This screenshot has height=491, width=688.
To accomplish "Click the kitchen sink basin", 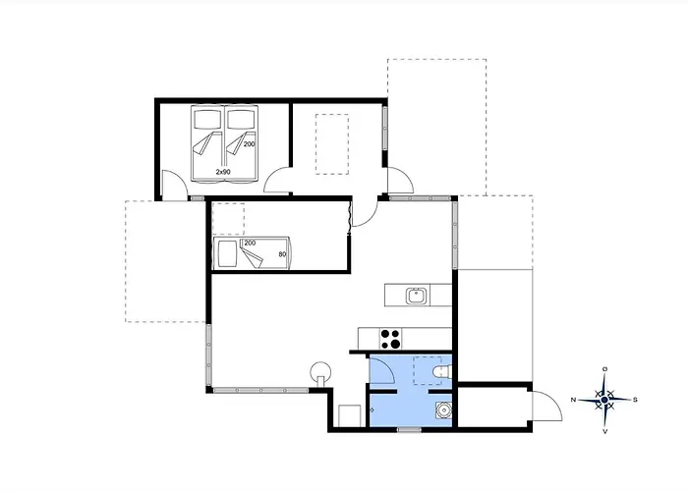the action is pos(415,296).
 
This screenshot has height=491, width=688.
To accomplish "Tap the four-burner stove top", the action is pos(390,339).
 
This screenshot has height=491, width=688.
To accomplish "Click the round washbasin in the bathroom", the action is pos(443,410).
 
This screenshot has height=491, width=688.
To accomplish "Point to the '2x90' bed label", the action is pos(223,172).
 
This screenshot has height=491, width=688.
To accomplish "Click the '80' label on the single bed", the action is pos(282,253).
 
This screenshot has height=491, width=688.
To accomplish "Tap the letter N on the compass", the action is pos(573,400).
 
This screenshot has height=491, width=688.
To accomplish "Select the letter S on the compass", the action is pos(635,400).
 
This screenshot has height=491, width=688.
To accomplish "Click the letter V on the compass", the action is pos(605,431).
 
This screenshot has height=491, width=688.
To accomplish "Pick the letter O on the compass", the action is pos(605,368).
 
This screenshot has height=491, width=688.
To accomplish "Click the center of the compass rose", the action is pos(604,400).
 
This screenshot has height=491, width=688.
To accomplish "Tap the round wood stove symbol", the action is pos(320,373).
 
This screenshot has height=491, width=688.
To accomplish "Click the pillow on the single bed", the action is pos(227,253).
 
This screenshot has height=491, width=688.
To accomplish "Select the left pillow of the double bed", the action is pos(208,118).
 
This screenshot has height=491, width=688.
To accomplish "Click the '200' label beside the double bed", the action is pos(250,143).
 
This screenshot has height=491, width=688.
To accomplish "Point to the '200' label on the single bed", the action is pos(250,243).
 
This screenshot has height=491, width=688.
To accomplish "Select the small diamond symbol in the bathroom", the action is pos(373,410).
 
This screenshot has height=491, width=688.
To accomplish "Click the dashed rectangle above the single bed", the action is pos(228,219).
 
